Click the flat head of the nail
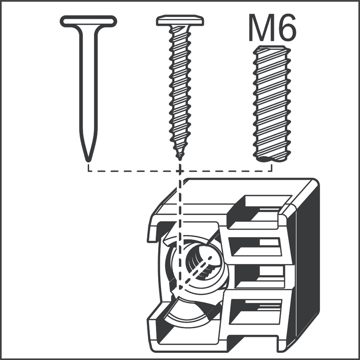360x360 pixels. (88, 22)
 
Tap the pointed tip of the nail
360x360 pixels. (88, 160)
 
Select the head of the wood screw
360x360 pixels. (180, 21)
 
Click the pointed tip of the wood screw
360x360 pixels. (180, 158)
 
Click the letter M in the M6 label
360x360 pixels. (260, 28)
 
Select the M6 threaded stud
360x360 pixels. (272, 104)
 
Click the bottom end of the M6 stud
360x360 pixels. (272, 159)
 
